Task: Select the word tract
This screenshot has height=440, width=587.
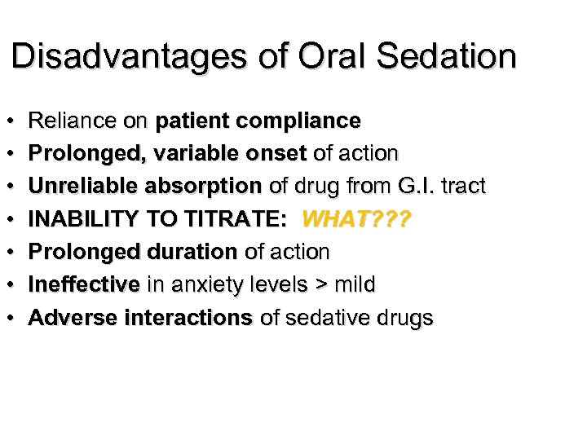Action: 463,187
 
